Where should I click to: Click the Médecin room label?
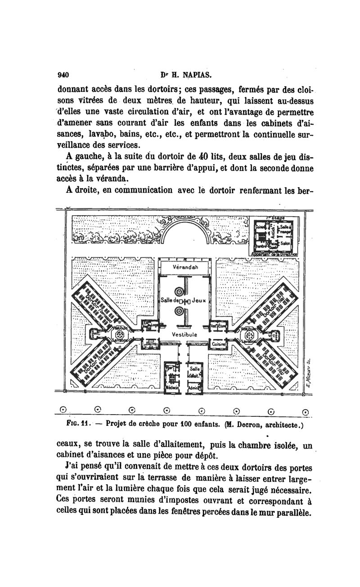(x=171, y=388)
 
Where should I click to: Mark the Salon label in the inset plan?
(x=285, y=243)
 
